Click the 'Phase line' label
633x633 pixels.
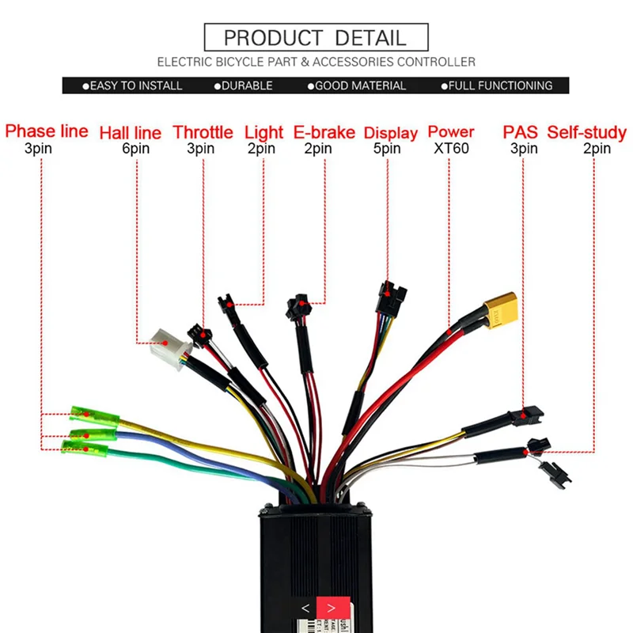click(x=47, y=131)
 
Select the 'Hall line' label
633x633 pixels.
click(x=130, y=133)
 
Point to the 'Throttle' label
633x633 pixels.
click(x=203, y=132)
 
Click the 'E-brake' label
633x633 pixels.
click(x=324, y=132)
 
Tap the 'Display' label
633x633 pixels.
click(x=391, y=133)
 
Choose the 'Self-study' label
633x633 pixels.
click(x=586, y=132)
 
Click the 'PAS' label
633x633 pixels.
click(x=521, y=132)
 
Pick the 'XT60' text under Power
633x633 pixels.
click(x=450, y=148)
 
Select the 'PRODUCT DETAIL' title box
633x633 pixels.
click(x=316, y=37)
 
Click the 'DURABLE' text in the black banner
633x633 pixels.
click(x=247, y=85)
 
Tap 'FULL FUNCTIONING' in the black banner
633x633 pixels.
click(x=500, y=85)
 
